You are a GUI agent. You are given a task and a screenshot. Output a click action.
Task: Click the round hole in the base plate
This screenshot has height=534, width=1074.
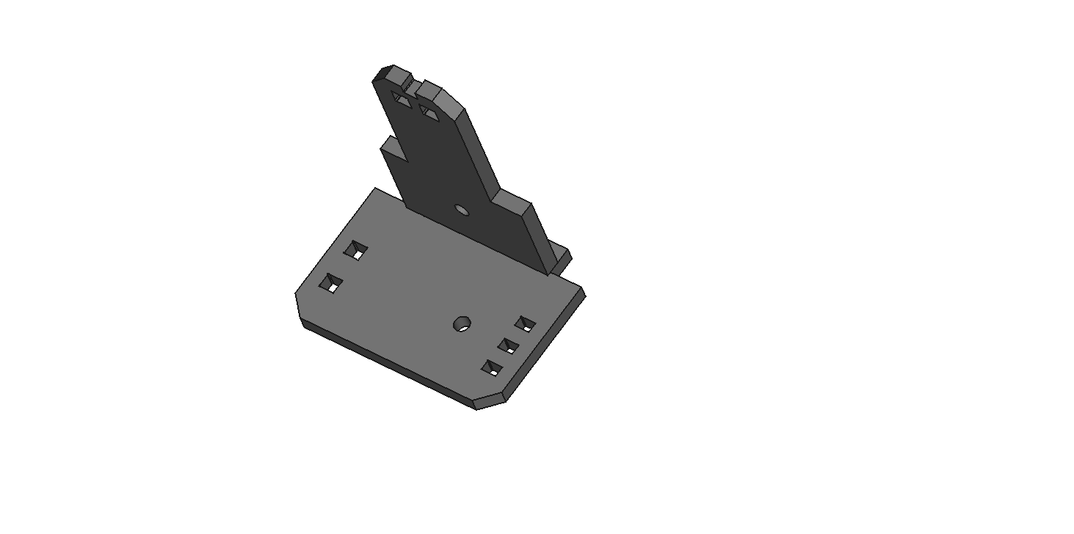tap(462, 323)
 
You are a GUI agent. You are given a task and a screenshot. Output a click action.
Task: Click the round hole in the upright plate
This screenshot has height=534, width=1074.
tap(461, 210)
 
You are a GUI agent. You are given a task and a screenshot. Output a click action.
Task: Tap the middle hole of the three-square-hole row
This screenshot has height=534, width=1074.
tap(508, 345)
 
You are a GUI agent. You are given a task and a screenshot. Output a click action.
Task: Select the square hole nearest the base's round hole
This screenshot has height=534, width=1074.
tap(525, 323)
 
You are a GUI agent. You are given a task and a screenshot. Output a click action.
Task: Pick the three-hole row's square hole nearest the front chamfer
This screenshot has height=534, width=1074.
tap(492, 367)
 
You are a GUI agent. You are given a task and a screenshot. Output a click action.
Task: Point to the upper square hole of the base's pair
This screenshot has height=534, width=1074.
tap(356, 250)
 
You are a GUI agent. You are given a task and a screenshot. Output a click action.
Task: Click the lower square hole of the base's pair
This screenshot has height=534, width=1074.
tap(331, 283)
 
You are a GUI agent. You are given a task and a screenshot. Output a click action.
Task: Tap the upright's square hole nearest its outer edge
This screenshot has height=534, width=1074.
tap(401, 100)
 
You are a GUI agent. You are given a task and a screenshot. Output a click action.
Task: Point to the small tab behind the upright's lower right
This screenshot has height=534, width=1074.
tap(563, 256)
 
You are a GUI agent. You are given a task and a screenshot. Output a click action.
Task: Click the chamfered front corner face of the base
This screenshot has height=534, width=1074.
tap(491, 402)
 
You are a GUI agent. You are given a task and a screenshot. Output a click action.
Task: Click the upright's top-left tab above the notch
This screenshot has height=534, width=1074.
tap(391, 73)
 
